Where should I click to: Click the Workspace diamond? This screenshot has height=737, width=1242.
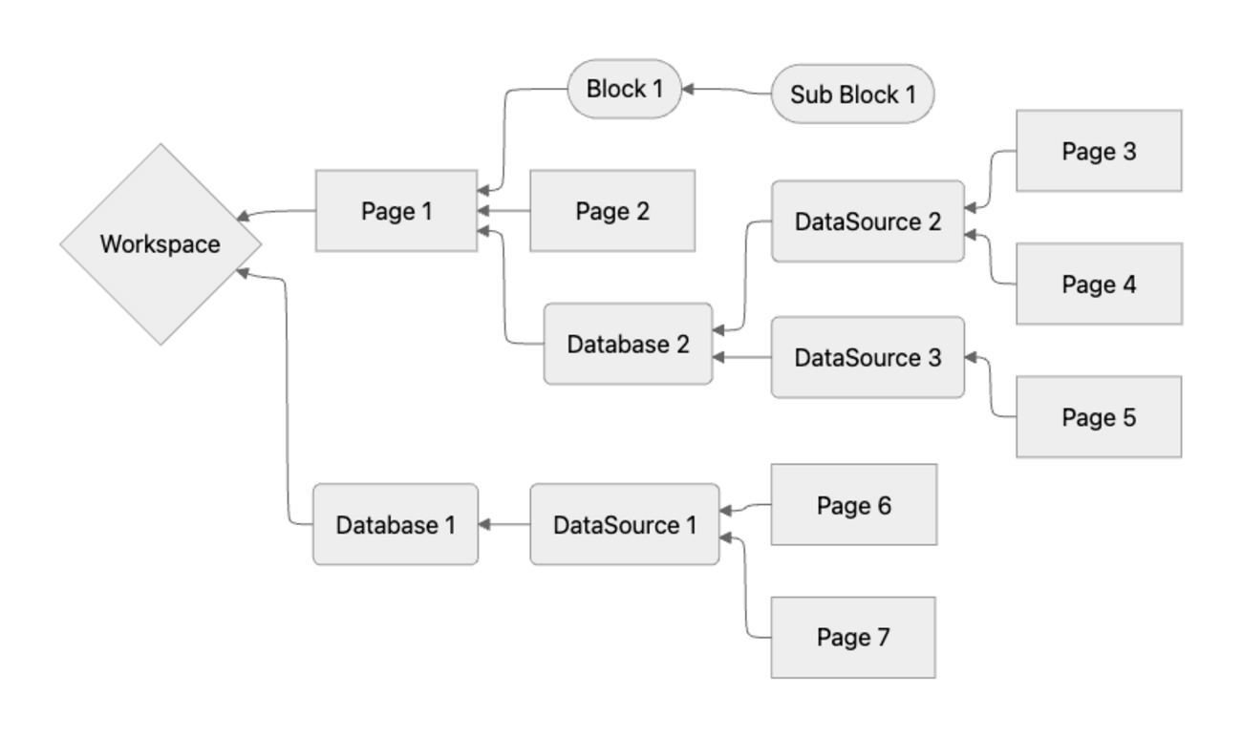point(161,244)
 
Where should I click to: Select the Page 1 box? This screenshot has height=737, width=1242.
point(396,211)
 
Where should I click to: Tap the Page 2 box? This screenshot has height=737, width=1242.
point(612,211)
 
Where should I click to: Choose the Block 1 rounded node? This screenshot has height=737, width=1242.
point(625,89)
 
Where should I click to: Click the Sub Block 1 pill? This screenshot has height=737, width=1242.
point(852,95)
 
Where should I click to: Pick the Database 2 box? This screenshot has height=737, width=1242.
point(628,345)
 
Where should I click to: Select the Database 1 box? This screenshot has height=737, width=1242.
point(396,524)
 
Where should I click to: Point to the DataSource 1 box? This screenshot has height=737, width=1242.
point(625,524)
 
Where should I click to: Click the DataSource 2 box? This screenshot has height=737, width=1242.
point(867,221)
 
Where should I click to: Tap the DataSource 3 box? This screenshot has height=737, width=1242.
point(867,358)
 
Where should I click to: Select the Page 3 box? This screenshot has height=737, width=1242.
point(1099,151)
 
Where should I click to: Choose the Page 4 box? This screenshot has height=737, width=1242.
point(1099,284)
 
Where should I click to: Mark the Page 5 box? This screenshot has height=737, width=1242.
point(1099,417)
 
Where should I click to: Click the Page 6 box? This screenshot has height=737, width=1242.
point(853,505)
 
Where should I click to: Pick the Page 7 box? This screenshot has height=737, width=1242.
point(853,637)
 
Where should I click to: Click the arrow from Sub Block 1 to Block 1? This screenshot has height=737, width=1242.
point(726,91)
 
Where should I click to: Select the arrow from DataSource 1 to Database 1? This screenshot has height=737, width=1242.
point(504,524)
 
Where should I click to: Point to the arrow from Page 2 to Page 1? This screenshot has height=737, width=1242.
point(503,211)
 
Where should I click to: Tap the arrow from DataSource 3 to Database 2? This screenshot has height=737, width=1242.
point(742,358)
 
